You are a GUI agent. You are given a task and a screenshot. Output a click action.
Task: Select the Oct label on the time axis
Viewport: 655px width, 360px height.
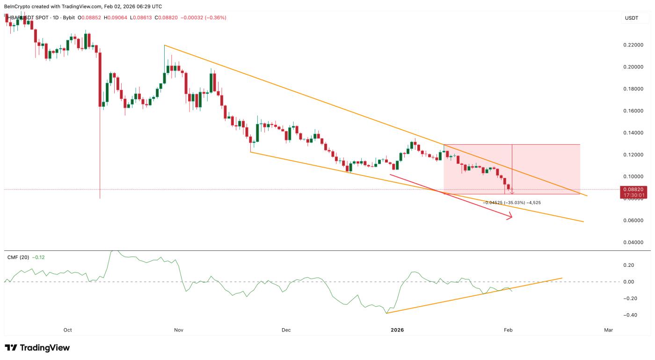[x=68, y=330]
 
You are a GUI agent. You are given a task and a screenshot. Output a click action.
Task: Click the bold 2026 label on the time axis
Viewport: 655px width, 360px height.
[x=397, y=330]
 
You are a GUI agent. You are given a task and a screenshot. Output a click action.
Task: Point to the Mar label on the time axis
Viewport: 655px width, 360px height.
[x=608, y=330]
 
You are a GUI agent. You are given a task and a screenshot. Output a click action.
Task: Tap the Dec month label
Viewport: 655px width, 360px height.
[x=286, y=330]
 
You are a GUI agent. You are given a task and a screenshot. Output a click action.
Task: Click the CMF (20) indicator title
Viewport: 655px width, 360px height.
[x=19, y=257]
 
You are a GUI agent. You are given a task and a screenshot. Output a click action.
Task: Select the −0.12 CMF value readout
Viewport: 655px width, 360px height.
[x=38, y=257]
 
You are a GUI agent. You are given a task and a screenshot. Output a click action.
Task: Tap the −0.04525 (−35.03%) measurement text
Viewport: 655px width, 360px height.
[x=504, y=203]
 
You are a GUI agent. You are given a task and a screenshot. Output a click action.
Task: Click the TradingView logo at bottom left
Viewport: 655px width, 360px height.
[x=37, y=348]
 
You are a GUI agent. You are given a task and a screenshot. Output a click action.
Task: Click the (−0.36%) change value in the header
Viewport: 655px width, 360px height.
[x=215, y=18]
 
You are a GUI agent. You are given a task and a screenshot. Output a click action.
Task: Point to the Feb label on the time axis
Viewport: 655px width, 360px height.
[x=508, y=330]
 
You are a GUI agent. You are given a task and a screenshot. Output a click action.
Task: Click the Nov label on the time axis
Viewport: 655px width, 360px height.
[x=178, y=330]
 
